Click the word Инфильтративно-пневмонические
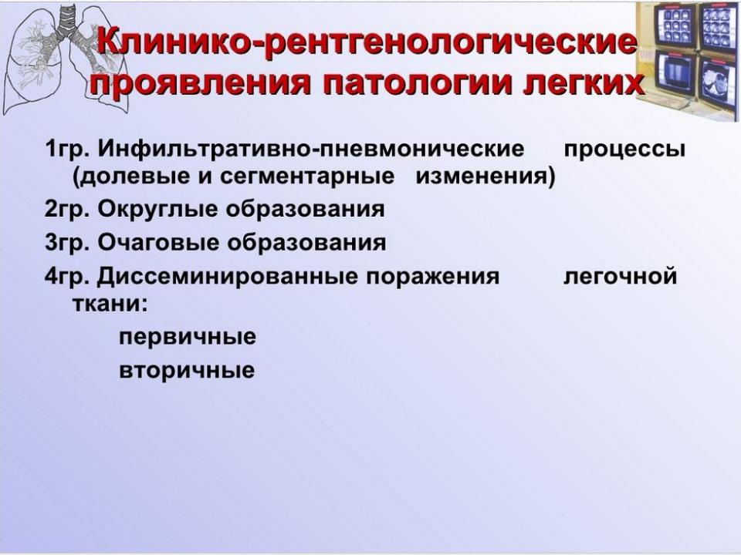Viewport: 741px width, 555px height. point(311,150)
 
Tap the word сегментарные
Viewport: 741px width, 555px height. point(307,177)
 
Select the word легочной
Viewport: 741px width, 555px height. point(620,277)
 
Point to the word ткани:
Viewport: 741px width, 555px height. point(110,304)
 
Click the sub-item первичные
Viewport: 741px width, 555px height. point(187,338)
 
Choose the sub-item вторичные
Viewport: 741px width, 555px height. point(187,371)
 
